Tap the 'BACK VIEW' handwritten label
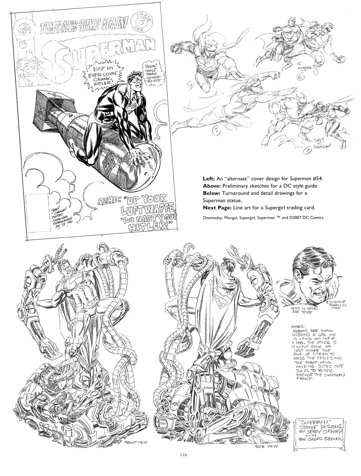pyautogui.click(x=266, y=446)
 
